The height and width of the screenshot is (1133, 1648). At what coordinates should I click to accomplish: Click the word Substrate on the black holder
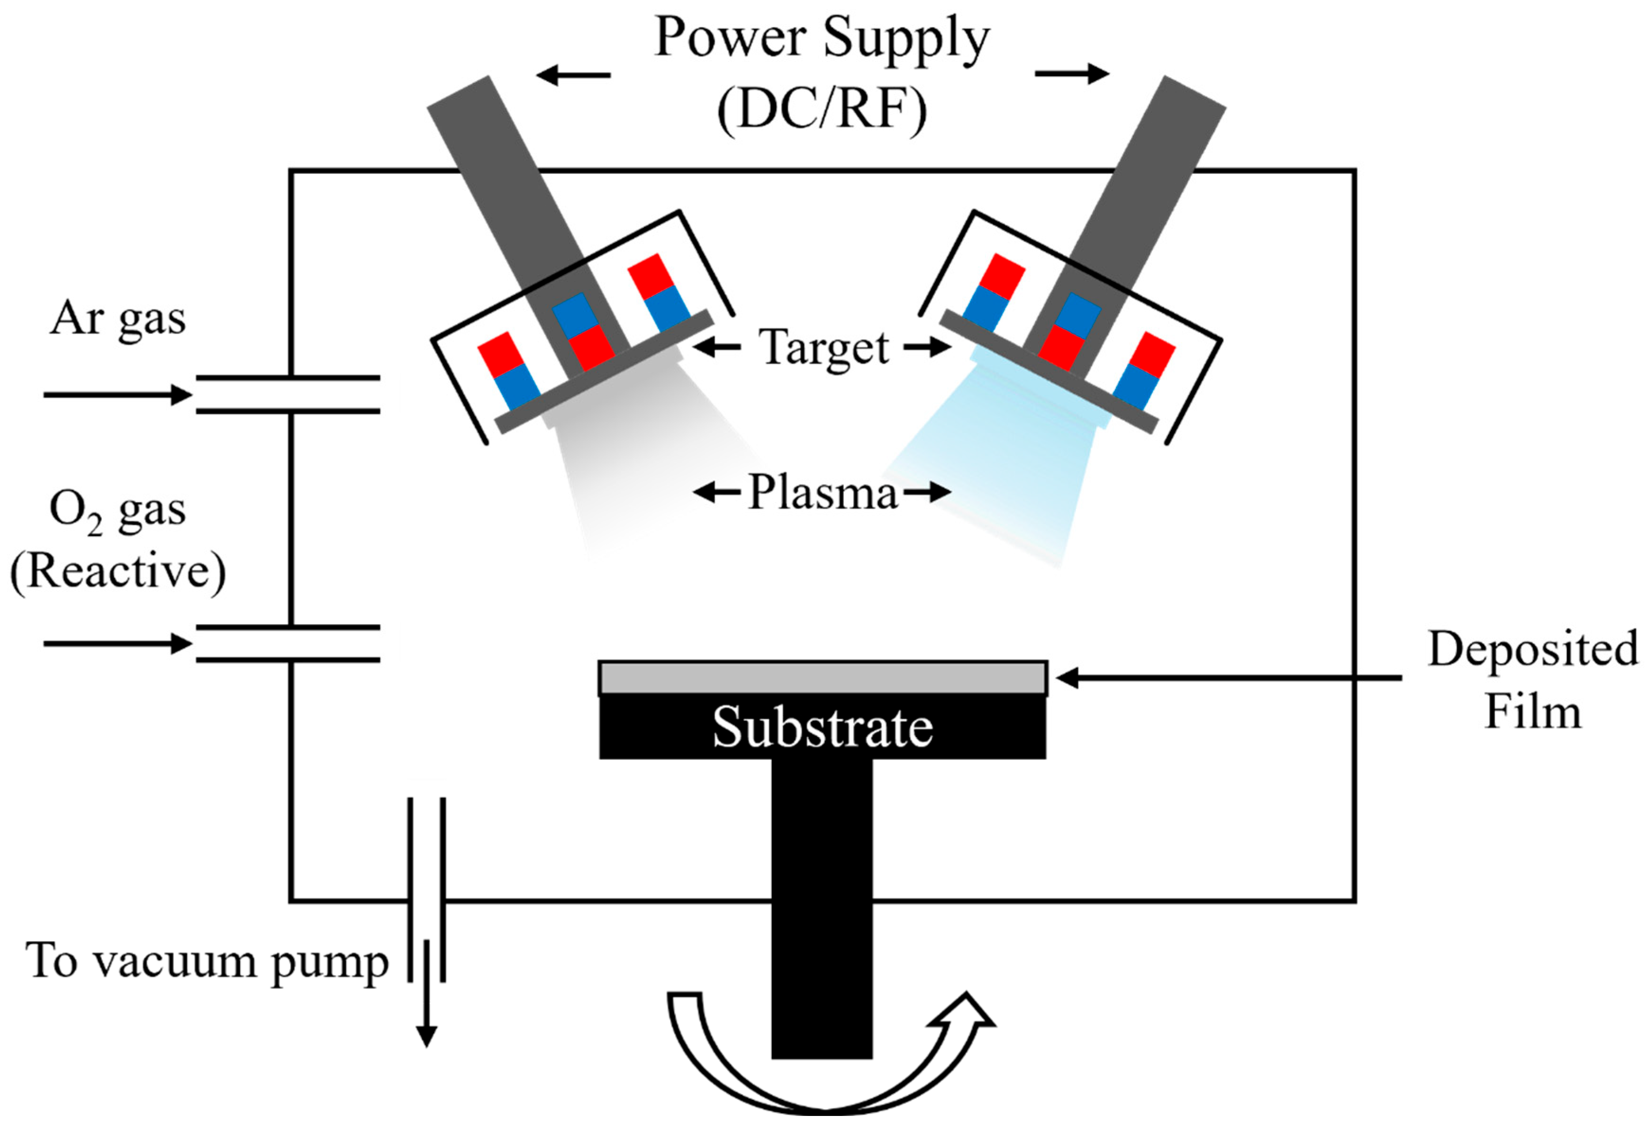pos(822,728)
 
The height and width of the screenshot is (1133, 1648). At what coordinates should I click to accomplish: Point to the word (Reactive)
pos(118,571)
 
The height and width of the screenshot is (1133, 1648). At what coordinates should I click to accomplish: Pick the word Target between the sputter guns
pos(824,348)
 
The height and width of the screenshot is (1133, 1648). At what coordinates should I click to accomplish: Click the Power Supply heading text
pos(822,39)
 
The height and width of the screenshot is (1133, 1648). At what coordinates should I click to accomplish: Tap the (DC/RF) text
pos(822,110)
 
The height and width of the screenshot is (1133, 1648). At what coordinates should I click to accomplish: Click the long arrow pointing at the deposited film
pos(1228,678)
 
